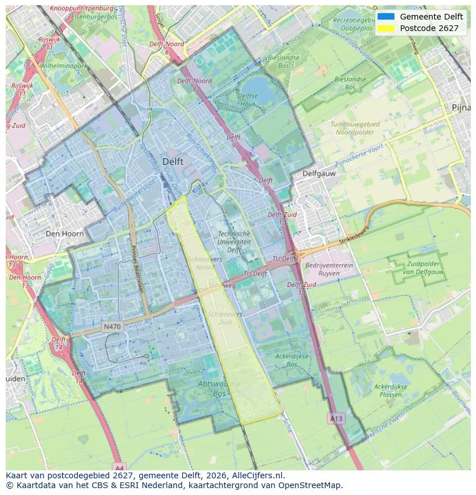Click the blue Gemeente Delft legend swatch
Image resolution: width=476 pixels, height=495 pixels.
pyautogui.click(x=386, y=17)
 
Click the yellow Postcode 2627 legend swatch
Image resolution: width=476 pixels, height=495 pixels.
pyautogui.click(x=386, y=28)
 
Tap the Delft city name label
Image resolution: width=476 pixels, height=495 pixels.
pyautogui.click(x=172, y=162)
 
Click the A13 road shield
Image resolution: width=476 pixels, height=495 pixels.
pyautogui.click(x=336, y=419)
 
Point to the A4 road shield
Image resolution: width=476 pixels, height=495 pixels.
pyautogui.click(x=118, y=466)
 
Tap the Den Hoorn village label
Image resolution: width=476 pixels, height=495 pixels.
pyautogui.click(x=64, y=234)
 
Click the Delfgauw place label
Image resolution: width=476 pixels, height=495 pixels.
pyautogui.click(x=319, y=173)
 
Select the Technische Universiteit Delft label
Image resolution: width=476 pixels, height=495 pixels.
pyautogui.click(x=234, y=242)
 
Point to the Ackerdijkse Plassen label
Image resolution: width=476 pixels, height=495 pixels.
pyautogui.click(x=390, y=391)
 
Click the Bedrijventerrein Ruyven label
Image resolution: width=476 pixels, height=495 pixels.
pyautogui.click(x=329, y=270)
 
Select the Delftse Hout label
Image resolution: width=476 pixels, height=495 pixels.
pyautogui.click(x=247, y=100)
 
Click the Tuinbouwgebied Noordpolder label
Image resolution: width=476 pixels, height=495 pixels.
pyautogui.click(x=355, y=128)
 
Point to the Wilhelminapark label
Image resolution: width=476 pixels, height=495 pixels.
pyautogui.click(x=64, y=66)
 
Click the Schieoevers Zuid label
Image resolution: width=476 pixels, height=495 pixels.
pyautogui.click(x=225, y=319)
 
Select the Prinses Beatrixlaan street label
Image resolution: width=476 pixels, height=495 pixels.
pyautogui.click(x=139, y=271)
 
